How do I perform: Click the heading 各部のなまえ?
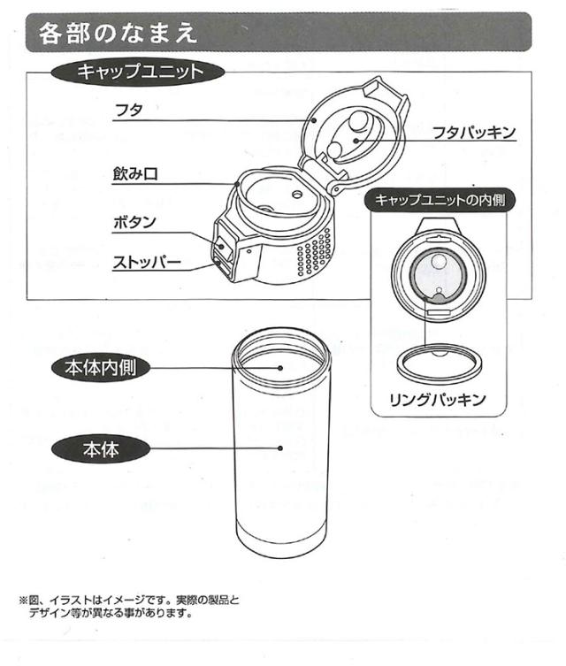point(117,33)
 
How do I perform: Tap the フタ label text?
point(129,111)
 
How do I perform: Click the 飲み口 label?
point(135,174)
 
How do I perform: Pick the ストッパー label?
point(147,263)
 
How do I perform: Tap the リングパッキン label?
point(438,400)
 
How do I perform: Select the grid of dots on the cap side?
point(315,252)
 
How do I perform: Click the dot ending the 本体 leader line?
point(280,448)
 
